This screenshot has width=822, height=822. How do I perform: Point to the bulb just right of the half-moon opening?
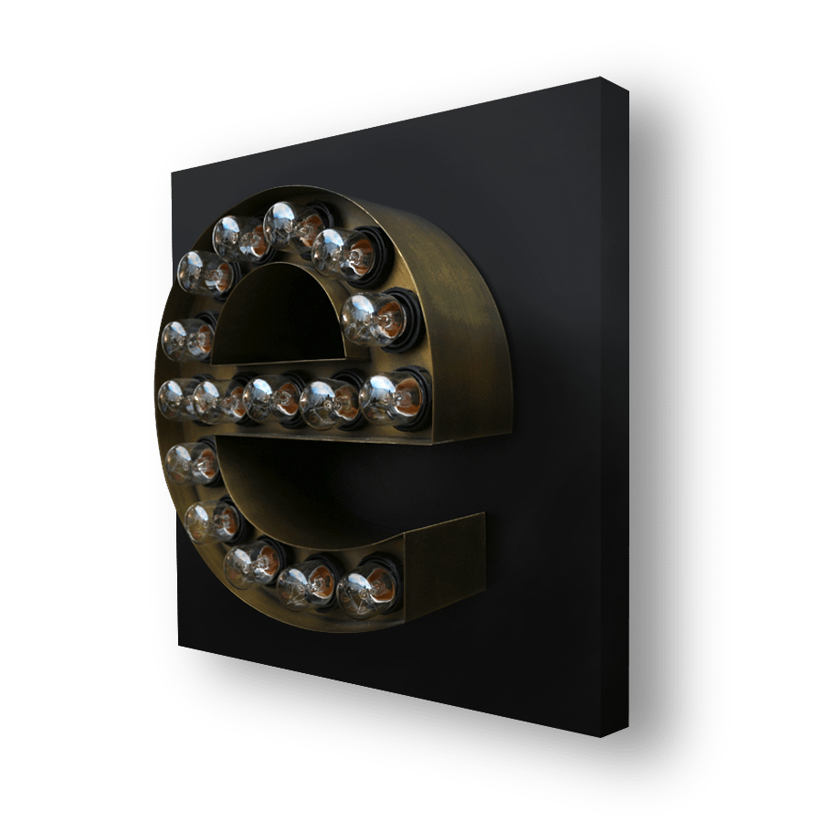[374, 319]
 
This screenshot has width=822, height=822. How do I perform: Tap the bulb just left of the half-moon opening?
[187, 340]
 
